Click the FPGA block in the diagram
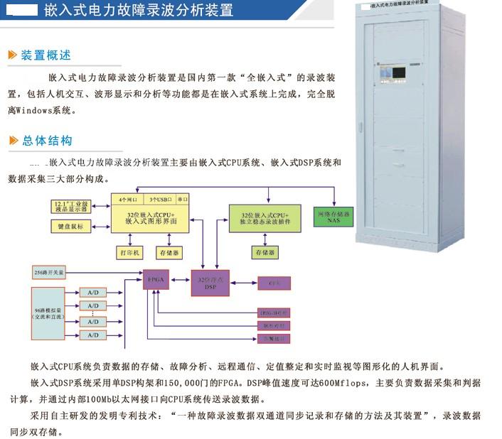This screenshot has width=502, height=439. pyautogui.click(x=155, y=281)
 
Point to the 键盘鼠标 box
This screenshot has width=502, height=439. pyautogui.click(x=70, y=227)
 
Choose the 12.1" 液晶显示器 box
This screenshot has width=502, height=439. pyautogui.click(x=70, y=206)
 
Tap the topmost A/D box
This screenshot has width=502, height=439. pyautogui.click(x=92, y=292)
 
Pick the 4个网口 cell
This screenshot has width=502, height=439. pyautogui.click(x=127, y=200)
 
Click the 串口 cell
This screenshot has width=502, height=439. pyautogui.click(x=183, y=200)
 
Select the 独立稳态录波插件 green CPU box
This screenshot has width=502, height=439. pyautogui.click(x=265, y=218)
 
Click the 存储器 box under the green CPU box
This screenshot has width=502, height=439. pyautogui.click(x=263, y=252)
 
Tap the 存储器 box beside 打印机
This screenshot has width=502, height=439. pyautogui.click(x=169, y=252)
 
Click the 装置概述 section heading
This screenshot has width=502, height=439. pyautogui.click(x=46, y=55)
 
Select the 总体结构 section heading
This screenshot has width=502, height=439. pyautogui.click(x=46, y=140)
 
